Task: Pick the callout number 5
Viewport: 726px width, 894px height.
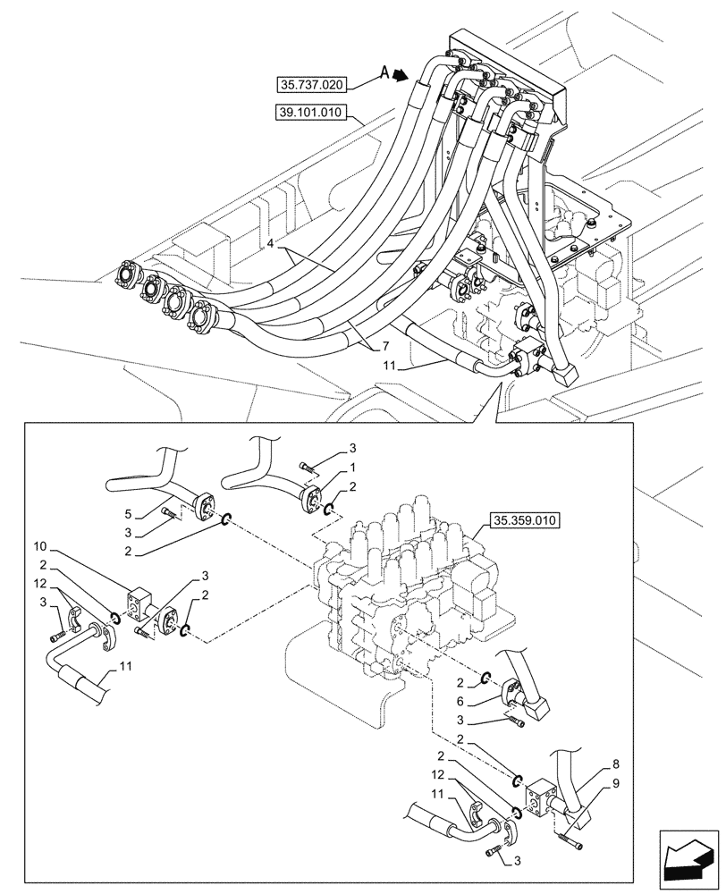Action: click(128, 514)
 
